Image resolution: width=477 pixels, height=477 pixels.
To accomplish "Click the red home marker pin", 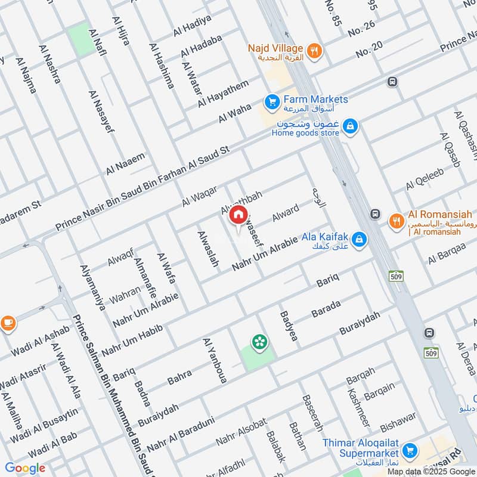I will click(x=238, y=215).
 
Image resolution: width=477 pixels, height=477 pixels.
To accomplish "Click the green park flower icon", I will click(x=260, y=342).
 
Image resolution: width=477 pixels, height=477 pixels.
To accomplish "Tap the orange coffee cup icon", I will click(x=7, y=323).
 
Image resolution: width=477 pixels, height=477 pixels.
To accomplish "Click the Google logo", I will click(x=25, y=468).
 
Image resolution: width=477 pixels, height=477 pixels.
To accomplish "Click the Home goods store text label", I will click(x=305, y=133).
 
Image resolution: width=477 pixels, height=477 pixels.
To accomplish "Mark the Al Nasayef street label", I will click(x=101, y=111).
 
